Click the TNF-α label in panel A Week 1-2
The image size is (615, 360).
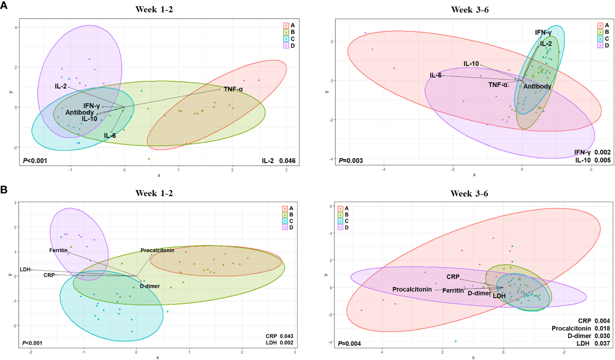(x=233, y=89)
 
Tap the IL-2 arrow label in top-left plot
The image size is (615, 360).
(x=61, y=86)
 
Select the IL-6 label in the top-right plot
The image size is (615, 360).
(x=435, y=75)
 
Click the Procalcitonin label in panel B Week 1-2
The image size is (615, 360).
(x=157, y=251)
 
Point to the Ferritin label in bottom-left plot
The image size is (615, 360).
(x=58, y=251)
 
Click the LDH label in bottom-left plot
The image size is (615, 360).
(x=25, y=270)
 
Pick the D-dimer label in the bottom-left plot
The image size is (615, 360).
(x=150, y=286)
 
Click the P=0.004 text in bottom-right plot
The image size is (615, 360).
(x=349, y=343)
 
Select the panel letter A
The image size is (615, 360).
(x=4, y=5)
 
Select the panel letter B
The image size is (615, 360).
(x=4, y=190)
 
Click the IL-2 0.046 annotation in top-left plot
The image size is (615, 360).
(x=278, y=161)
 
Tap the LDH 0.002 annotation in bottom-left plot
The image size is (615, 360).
(x=279, y=343)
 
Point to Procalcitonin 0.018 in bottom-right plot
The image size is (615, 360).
(x=580, y=328)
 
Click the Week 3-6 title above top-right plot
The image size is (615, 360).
(x=470, y=10)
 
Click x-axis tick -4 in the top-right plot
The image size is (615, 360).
(x=384, y=169)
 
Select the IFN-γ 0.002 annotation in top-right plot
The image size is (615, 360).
(x=592, y=152)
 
